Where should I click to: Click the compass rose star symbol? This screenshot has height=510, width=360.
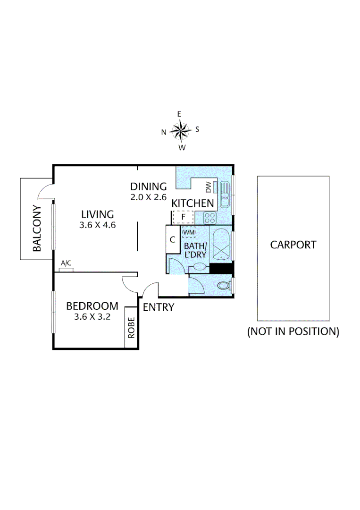pos(180,130)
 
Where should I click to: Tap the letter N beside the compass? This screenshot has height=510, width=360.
pos(164,132)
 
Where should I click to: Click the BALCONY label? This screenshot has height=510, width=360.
pos(37,228)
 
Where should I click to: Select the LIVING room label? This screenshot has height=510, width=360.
pos(97,213)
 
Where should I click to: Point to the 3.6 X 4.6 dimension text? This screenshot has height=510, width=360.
pos(98,225)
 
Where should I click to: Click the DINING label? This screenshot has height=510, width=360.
pos(149,186)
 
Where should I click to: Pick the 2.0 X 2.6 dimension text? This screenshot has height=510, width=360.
pos(149,197)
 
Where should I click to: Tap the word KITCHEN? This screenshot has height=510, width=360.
pos(193,204)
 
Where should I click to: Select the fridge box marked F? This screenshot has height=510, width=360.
pos(183,217)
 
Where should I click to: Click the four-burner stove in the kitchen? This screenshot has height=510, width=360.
pos(209,218)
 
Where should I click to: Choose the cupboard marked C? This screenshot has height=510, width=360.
pos(173,239)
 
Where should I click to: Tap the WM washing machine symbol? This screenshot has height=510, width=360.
pos(189,232)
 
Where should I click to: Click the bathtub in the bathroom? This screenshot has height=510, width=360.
pos(221,244)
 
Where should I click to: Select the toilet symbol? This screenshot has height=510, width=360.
pos(224,286)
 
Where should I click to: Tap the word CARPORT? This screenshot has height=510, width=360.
pos(293,245)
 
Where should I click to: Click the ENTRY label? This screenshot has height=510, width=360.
pos(158,307)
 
